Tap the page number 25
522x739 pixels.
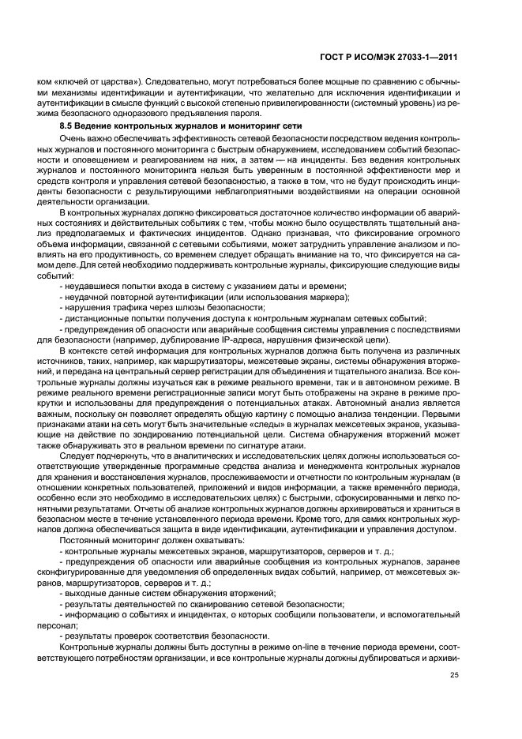[454, 675]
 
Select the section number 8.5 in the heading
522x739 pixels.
[67, 126]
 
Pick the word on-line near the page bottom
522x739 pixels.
[269, 646]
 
